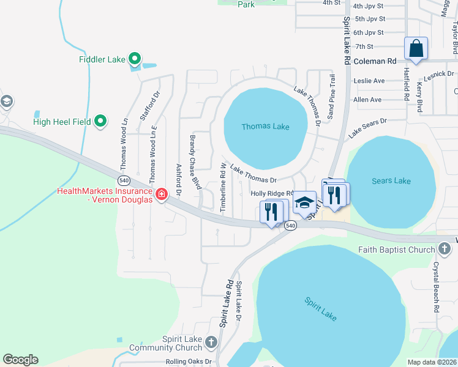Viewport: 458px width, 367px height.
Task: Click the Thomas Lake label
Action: tap(265, 127)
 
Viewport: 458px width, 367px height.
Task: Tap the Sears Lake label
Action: tap(391, 180)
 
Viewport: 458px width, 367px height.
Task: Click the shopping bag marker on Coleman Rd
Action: tap(416, 48)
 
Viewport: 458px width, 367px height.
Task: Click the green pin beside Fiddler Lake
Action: tap(135, 59)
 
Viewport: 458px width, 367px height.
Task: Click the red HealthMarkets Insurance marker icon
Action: tap(162, 195)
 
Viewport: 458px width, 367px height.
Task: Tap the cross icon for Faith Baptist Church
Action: tap(445, 249)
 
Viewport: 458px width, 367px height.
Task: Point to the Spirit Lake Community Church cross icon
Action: tap(211, 343)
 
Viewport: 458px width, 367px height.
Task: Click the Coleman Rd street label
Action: tap(375, 61)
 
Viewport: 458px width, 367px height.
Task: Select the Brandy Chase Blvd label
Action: tap(195, 162)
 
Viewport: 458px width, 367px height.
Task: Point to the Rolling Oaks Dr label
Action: tap(189, 361)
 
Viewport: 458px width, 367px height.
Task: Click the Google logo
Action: tap(20, 360)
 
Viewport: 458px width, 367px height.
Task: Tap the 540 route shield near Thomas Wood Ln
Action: tap(124, 180)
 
